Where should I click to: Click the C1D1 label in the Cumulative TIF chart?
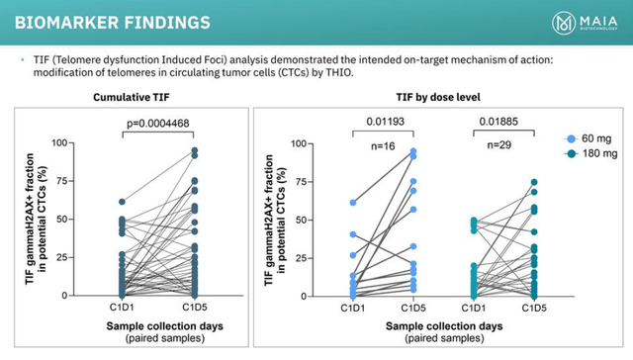click(x=121, y=308)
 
